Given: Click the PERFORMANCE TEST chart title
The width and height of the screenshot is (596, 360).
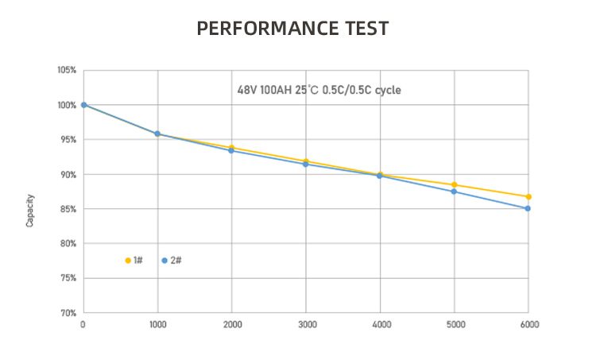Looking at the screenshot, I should click(x=292, y=29).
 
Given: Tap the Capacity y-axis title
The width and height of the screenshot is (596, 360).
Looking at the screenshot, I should click(x=30, y=211).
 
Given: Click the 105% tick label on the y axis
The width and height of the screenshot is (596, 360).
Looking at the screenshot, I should click(x=67, y=71).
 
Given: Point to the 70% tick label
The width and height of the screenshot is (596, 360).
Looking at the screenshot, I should click(x=68, y=313).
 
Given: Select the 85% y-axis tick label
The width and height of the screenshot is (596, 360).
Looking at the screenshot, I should click(x=68, y=209).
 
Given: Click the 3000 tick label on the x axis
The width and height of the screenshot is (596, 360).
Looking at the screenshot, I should click(x=306, y=324).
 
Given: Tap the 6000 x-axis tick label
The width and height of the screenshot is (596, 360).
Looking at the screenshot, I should click(x=528, y=324).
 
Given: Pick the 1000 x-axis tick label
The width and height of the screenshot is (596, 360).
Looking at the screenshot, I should click(x=157, y=324).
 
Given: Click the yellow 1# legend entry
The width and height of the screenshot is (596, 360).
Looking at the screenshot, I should click(x=134, y=261).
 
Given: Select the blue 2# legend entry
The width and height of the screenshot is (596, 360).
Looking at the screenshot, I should click(x=172, y=261).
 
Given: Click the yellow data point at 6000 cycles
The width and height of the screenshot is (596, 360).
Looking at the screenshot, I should click(x=528, y=196).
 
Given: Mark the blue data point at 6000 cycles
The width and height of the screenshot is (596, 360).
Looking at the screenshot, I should click(x=528, y=208).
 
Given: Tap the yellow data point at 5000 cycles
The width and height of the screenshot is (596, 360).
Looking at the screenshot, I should click(x=454, y=185).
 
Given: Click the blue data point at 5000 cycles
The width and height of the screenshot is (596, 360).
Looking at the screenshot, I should click(x=454, y=192).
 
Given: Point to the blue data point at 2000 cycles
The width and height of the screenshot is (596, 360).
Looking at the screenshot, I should click(x=231, y=150).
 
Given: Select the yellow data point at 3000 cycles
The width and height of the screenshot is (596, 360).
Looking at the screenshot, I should click(x=306, y=161).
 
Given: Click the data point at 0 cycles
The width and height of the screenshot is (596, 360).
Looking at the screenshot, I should click(x=83, y=105).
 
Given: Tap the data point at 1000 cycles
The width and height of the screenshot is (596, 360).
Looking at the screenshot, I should click(x=157, y=134).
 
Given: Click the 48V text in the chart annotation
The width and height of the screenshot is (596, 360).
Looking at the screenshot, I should click(x=247, y=90).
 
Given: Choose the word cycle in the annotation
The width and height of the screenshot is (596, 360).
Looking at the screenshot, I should click(x=388, y=90).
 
